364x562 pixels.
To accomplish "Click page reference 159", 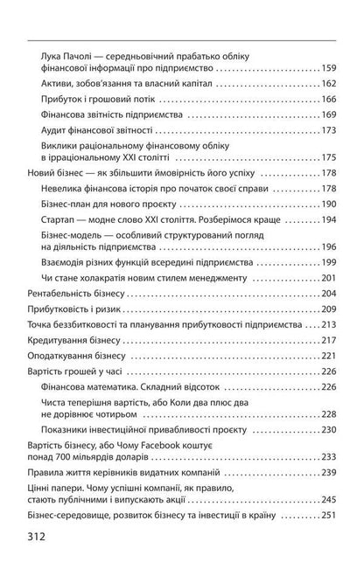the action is click(328, 68).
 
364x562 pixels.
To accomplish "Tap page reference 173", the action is click(328, 130).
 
